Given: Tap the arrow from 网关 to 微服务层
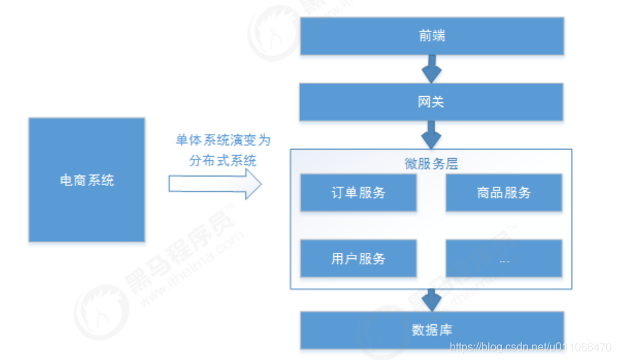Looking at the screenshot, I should [x=431, y=134].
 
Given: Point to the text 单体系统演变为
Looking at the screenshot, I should [x=222, y=140].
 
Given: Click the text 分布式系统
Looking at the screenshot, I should [x=222, y=161].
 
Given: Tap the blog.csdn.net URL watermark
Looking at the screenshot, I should [x=531, y=347].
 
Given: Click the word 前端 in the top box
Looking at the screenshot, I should [x=431, y=36].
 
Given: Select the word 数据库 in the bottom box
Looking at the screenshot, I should [x=431, y=330].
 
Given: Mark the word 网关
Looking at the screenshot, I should [x=431, y=102].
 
